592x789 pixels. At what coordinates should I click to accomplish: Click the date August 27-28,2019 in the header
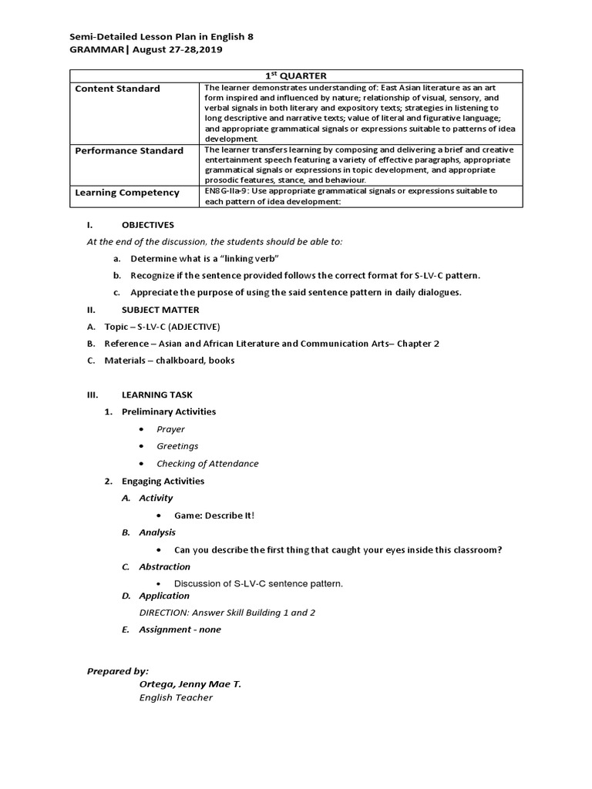pyautogui.click(x=180, y=49)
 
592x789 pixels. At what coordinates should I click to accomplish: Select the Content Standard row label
pyautogui.click(x=117, y=89)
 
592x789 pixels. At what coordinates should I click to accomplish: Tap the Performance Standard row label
pyautogui.click(x=129, y=150)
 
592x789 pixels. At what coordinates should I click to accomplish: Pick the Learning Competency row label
pyautogui.click(x=126, y=193)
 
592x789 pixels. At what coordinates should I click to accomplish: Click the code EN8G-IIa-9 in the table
pyautogui.click(x=230, y=190)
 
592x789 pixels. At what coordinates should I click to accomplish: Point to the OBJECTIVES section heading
pyautogui.click(x=148, y=225)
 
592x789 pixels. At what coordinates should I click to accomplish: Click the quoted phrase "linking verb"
pyautogui.click(x=244, y=258)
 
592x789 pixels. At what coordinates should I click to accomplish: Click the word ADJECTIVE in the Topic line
pyautogui.click(x=194, y=327)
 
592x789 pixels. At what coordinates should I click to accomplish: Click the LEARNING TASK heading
pyautogui.click(x=157, y=394)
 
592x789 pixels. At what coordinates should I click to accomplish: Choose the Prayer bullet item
pyautogui.click(x=170, y=429)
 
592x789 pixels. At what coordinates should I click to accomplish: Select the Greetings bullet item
pyautogui.click(x=177, y=446)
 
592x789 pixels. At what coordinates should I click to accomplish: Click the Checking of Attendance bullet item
pyautogui.click(x=207, y=464)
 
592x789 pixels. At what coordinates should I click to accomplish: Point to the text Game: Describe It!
pyautogui.click(x=214, y=515)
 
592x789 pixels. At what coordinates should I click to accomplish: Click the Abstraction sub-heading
pyautogui.click(x=164, y=567)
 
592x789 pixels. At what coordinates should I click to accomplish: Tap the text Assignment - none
pyautogui.click(x=180, y=630)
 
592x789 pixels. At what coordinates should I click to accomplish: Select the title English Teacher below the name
pyautogui.click(x=176, y=698)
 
